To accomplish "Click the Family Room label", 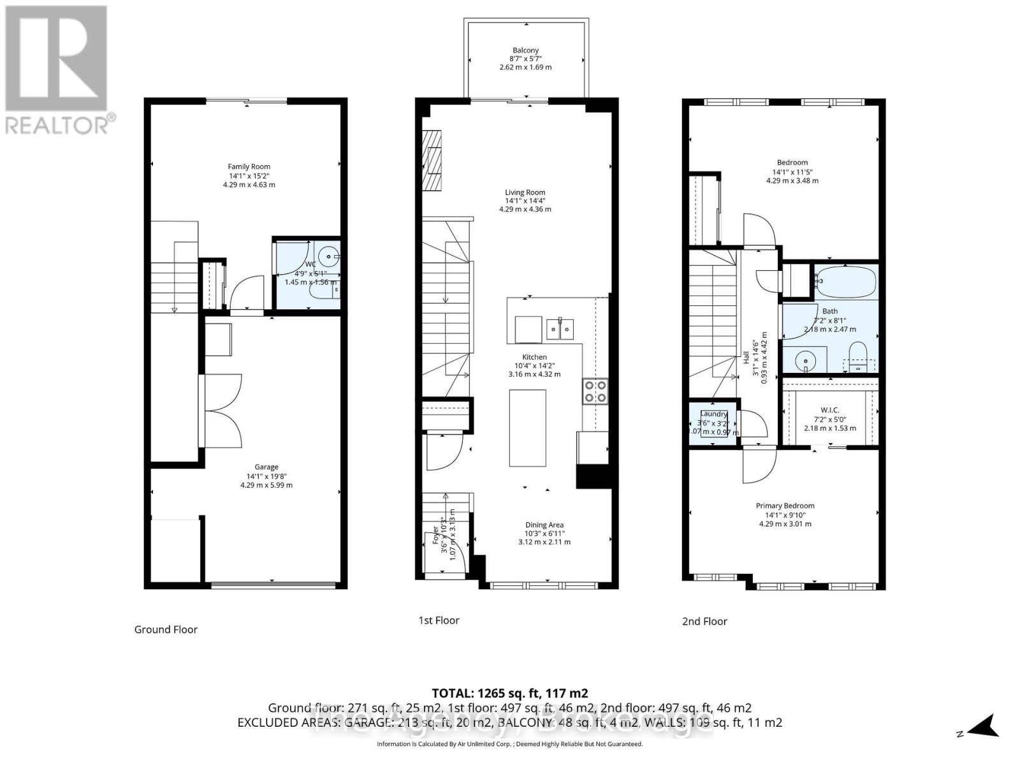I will coord(249,166).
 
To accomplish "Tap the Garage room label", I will coord(266,467).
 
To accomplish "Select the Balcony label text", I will coord(526,50).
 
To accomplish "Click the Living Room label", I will coord(525,193).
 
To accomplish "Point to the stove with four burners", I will coord(594,391).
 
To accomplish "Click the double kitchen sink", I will coord(560,329).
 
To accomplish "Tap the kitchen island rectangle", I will coord(527,428).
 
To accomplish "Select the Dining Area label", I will coord(544,525).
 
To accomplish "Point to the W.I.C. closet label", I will coord(830,410).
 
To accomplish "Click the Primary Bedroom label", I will coord(785,506).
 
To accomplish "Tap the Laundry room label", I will coord(713,414).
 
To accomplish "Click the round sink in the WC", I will coord(330,257).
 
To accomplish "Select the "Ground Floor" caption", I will coord(166,629).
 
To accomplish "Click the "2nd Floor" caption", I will coord(704,621).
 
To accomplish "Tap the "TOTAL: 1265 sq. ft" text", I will coord(509,693).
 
